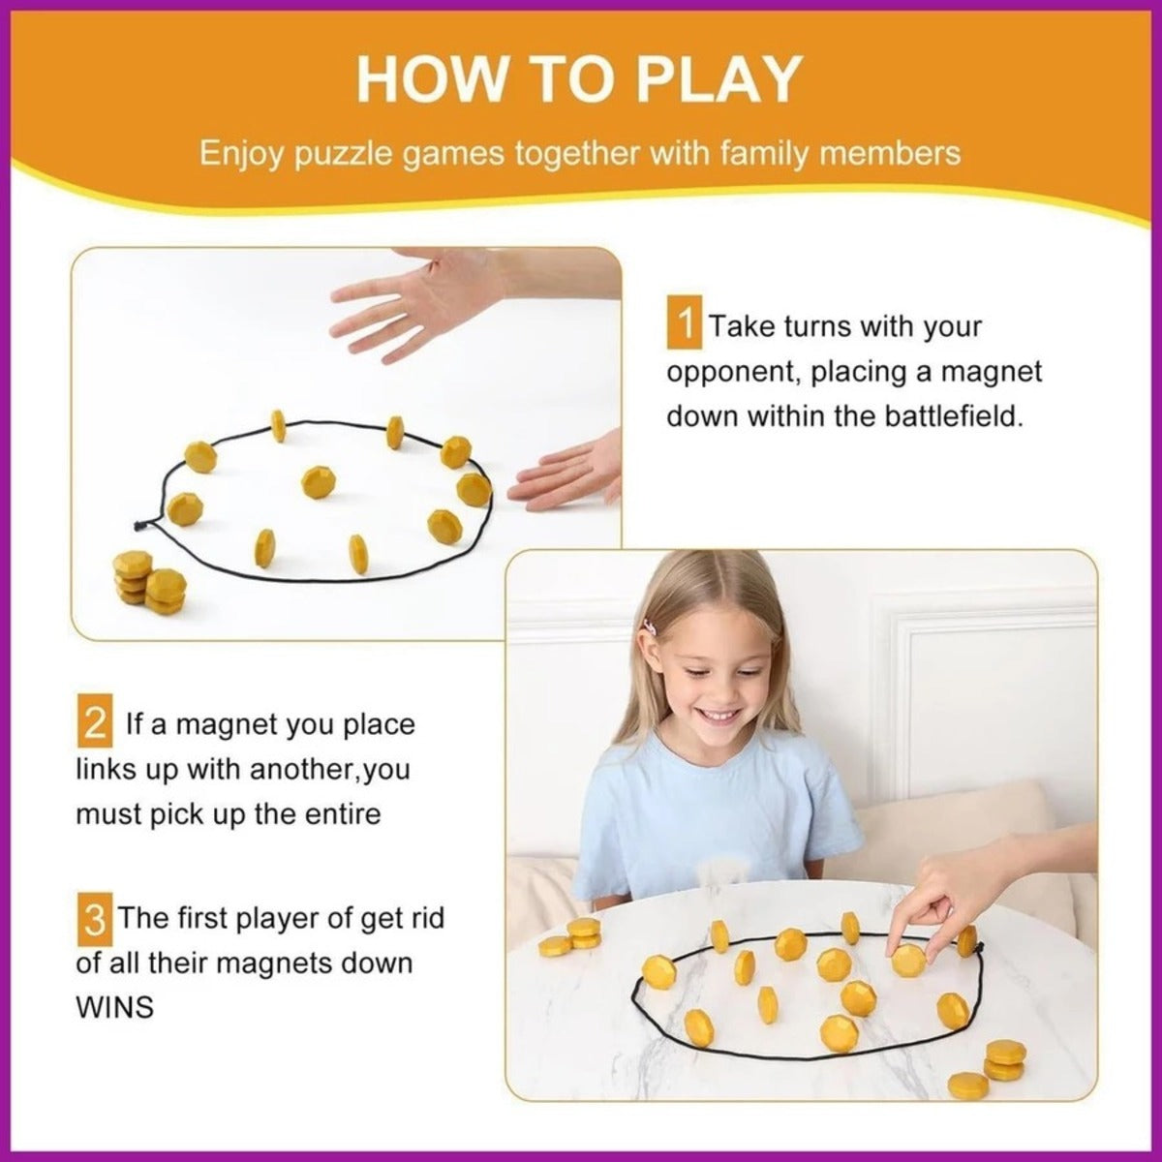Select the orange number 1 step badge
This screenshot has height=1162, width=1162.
[x=685, y=325]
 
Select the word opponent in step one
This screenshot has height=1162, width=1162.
[x=733, y=372]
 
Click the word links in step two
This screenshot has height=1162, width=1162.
[x=105, y=770]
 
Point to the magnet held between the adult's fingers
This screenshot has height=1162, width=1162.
[x=908, y=960]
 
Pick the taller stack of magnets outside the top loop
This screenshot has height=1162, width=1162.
[x=132, y=576]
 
